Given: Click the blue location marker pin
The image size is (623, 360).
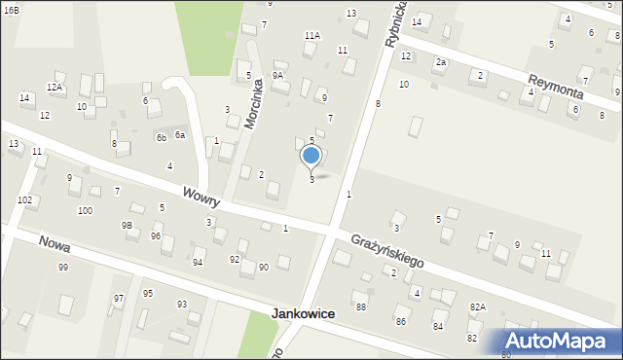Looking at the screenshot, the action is point(311,156).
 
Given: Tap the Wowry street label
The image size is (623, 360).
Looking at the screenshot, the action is point(200,198).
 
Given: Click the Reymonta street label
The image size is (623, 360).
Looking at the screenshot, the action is point(555,86).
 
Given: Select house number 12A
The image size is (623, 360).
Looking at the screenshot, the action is point(55,87).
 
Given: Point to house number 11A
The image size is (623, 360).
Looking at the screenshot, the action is point(311,35).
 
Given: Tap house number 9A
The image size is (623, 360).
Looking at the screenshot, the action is point(277,75).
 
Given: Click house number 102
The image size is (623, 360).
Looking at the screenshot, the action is point(24,199).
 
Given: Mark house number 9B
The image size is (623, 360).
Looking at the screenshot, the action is point(127,225).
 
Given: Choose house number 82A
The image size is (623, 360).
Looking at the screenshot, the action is point(477,306).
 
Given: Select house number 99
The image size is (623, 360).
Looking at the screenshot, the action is point(63,267).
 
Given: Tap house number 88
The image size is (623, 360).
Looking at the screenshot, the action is point(361,306).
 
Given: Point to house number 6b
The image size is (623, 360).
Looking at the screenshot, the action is point(161,137).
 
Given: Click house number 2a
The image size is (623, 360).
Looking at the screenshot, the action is point(440,62).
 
